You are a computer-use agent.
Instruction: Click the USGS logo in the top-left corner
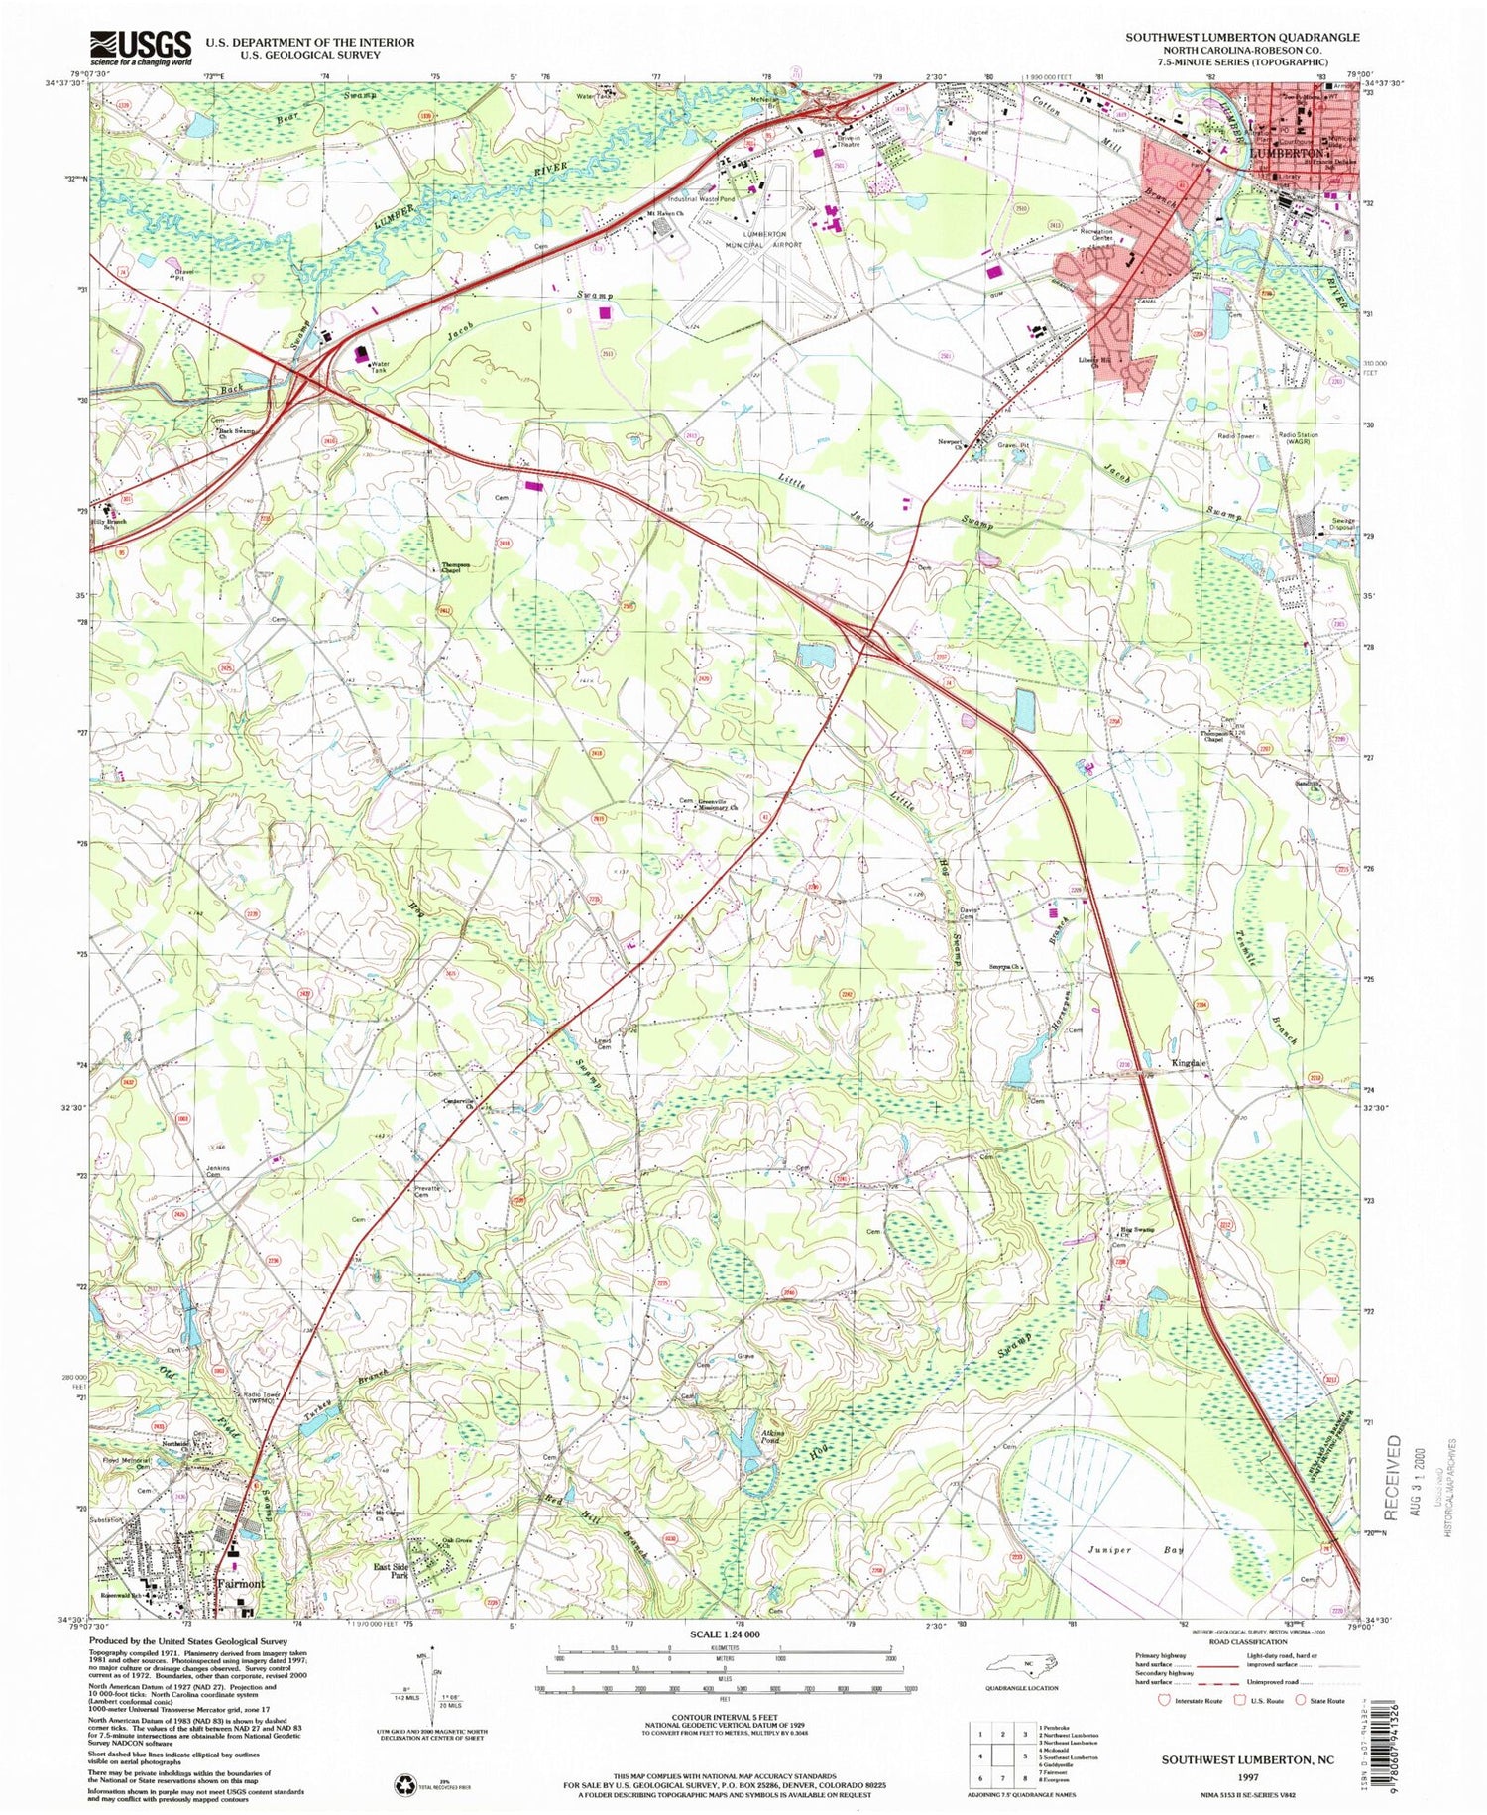click(141, 47)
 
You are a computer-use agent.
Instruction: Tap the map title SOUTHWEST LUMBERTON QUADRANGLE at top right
click(1242, 36)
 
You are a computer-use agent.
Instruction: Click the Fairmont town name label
click(240, 1584)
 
